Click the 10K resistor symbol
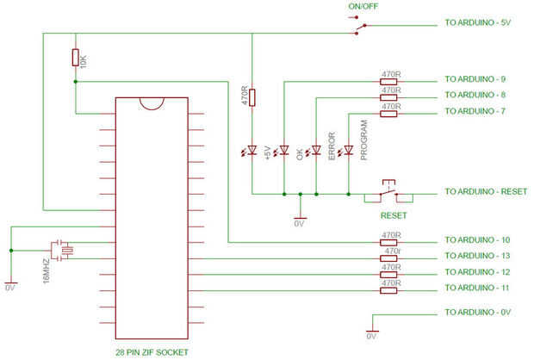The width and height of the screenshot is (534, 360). (75, 57)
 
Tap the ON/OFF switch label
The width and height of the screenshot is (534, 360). (363, 6)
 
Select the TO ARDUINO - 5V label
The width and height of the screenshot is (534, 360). (478, 22)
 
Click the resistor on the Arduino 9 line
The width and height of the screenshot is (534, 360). (388, 82)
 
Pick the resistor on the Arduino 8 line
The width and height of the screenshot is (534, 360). (388, 97)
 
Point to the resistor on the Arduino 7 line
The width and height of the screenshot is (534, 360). (388, 114)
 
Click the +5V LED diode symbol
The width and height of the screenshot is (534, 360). (252, 150)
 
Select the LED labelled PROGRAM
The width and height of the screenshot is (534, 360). (349, 150)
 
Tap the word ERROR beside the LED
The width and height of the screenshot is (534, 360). (332, 146)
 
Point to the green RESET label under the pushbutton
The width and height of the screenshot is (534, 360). (394, 215)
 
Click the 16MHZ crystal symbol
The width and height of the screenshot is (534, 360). (62, 251)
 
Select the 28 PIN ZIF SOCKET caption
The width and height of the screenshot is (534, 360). (152, 352)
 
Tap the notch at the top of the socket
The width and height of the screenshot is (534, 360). (152, 107)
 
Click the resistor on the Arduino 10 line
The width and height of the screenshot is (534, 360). (388, 243)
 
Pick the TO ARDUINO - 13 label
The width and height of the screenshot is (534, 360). (477, 256)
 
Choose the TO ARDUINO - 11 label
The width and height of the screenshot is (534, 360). (477, 289)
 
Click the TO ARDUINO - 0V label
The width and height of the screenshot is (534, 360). (478, 313)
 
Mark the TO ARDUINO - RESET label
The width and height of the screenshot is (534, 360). (486, 192)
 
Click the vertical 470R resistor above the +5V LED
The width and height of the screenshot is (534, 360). (252, 97)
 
